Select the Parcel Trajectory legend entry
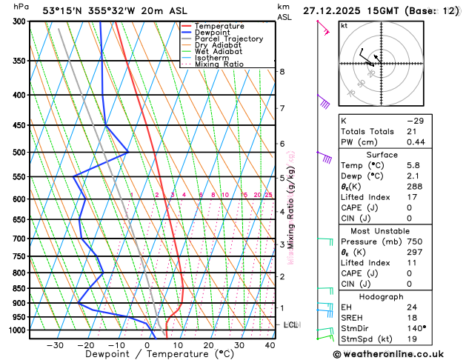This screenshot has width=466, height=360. [x=228, y=39]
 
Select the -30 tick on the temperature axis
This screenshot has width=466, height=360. [x=55, y=345]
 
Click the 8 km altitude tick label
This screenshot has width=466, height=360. [x=282, y=72]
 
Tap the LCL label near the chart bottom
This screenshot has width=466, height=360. [x=290, y=324]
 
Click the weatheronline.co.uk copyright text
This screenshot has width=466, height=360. [x=392, y=354]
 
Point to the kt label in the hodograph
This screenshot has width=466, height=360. [x=344, y=26]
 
